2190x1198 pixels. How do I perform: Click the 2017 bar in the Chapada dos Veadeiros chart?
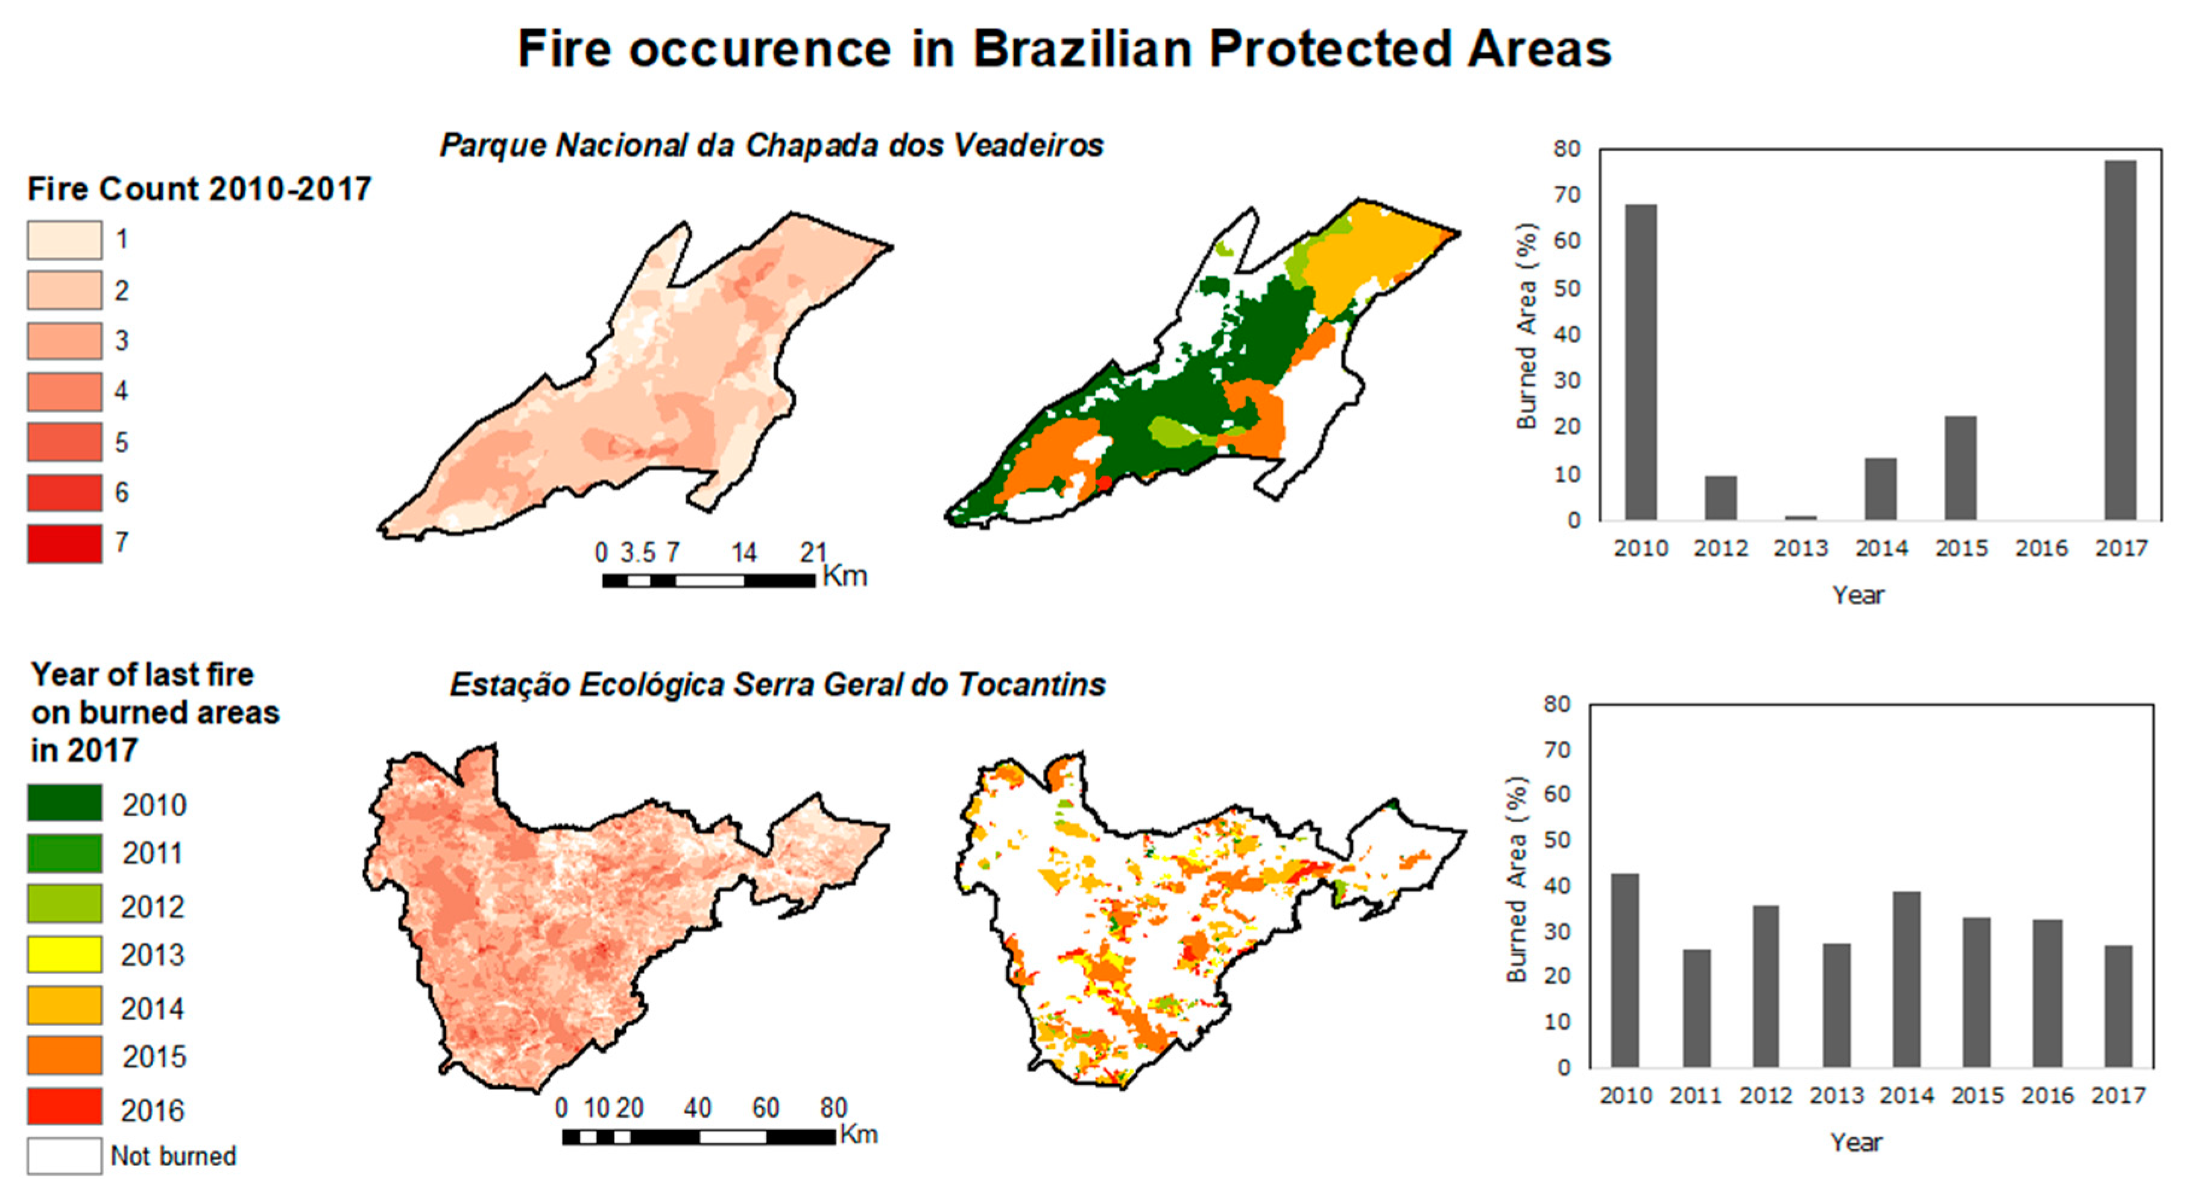(2119, 340)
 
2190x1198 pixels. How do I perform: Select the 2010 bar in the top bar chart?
(1640, 362)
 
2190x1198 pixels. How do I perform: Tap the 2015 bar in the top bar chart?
(1960, 467)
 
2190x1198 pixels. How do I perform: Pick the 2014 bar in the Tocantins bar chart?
(1906, 978)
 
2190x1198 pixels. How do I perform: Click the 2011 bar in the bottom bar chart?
(1696, 1007)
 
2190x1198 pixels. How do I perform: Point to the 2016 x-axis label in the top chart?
(2040, 548)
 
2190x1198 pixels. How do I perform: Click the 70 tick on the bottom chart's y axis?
(1557, 750)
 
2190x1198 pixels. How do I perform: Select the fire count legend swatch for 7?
(65, 544)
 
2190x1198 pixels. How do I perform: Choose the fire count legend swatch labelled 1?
(65, 239)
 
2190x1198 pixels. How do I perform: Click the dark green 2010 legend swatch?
(65, 803)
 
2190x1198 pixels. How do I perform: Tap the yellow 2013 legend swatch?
(65, 954)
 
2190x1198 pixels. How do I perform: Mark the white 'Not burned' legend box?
(65, 1156)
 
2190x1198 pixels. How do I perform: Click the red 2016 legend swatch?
(65, 1106)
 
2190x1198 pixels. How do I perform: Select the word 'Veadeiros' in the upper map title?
(1028, 145)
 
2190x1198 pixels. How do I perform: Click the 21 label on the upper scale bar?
(813, 553)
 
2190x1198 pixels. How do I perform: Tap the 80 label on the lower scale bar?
(833, 1108)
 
